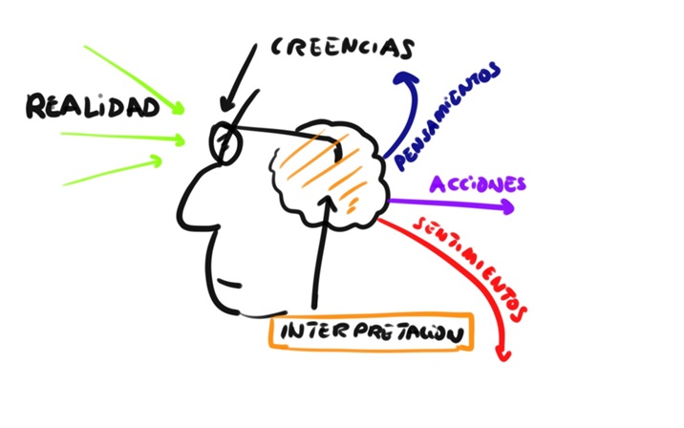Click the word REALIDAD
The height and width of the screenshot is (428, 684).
pos(93,106)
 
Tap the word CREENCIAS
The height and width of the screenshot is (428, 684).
pos(342,48)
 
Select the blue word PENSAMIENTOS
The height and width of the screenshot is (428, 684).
pos(447,116)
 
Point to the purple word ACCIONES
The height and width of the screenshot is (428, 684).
pos(478,184)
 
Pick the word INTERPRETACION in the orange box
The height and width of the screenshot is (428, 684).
pos(372,332)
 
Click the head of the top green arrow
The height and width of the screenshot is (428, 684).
pos(178,107)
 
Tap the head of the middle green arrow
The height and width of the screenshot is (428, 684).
pos(179,140)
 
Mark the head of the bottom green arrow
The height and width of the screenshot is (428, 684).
pos(156,161)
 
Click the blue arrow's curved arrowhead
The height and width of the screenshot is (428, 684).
pos(406,78)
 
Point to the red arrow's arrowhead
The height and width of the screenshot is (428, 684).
pos(503,355)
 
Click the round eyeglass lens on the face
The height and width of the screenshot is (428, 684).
pos(225,142)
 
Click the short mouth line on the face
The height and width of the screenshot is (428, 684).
pos(229,283)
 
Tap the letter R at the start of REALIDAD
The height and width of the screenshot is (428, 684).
pos(35,106)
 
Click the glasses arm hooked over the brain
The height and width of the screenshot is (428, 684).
pos(288,133)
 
